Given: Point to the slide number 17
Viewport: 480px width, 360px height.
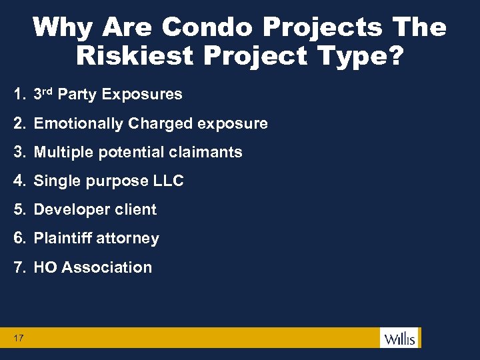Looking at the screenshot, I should tap(18, 338).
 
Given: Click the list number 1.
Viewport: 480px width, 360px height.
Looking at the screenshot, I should tap(19, 95).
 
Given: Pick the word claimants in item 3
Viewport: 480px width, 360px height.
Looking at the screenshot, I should tap(211, 152).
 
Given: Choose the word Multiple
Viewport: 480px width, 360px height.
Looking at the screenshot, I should tap(63, 152).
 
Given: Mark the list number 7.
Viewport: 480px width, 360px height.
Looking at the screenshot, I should tap(19, 267).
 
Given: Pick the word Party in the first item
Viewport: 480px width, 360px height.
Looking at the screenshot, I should tap(77, 95).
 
